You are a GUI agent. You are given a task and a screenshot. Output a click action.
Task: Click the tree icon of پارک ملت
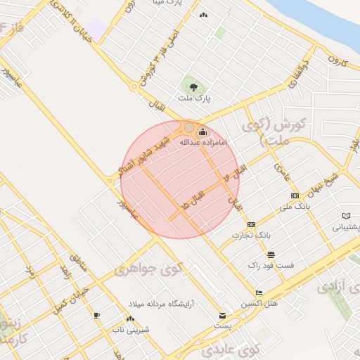tap(193, 87)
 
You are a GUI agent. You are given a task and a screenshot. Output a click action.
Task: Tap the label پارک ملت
tap(193, 102)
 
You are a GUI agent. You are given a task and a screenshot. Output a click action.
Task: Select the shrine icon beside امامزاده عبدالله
tap(203, 131)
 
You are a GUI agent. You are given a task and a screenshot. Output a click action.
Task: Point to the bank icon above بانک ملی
tap(295, 195)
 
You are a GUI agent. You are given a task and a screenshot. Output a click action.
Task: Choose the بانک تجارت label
tap(252, 234)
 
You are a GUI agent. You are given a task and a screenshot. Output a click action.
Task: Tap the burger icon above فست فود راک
tap(271, 254)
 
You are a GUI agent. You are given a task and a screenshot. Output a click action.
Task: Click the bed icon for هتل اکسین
tap(259, 292)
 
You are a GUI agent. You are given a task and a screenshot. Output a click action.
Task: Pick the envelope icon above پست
tap(223, 316)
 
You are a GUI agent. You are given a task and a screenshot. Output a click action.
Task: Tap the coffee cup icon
tap(96, 314)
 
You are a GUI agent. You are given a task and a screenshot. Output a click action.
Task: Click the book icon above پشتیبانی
tap(345, 216)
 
